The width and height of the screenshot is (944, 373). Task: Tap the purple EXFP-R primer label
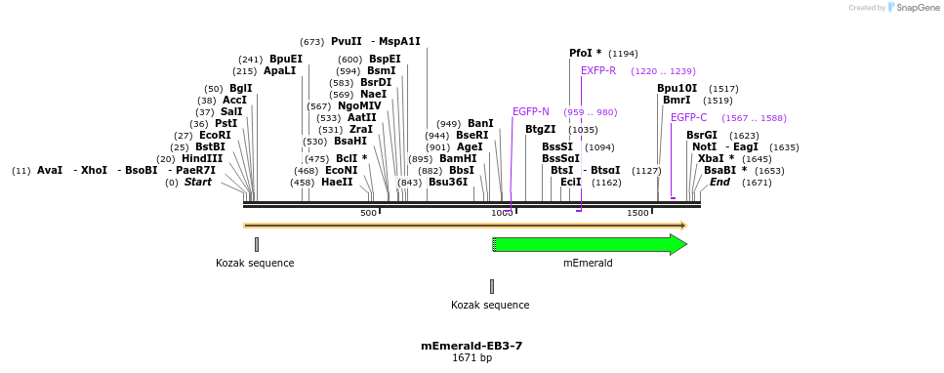pos(598,70)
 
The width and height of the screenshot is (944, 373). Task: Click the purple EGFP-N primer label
pos(531,111)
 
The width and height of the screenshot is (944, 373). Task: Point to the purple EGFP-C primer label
pos(689,117)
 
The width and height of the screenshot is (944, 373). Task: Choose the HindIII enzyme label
pos(202,158)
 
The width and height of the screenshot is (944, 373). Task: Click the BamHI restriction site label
pos(458,158)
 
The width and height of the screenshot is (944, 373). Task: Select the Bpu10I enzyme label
pos(677,88)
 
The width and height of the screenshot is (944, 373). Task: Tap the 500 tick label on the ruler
pos(368,213)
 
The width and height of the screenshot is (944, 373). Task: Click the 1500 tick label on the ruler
pos(637,213)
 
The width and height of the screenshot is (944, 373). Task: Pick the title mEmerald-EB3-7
pos(472,346)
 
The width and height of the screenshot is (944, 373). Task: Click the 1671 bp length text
pos(472,358)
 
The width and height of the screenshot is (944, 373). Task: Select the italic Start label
pos(198,182)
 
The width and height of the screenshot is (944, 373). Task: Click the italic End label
pos(719,182)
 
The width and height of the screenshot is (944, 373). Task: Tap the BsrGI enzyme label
pos(702,135)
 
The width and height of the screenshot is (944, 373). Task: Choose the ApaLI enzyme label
pos(279,70)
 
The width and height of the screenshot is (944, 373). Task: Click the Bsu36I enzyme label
pos(448,182)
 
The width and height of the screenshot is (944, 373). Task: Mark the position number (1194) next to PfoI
pos(623,54)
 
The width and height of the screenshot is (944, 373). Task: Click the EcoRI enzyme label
pos(215,135)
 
